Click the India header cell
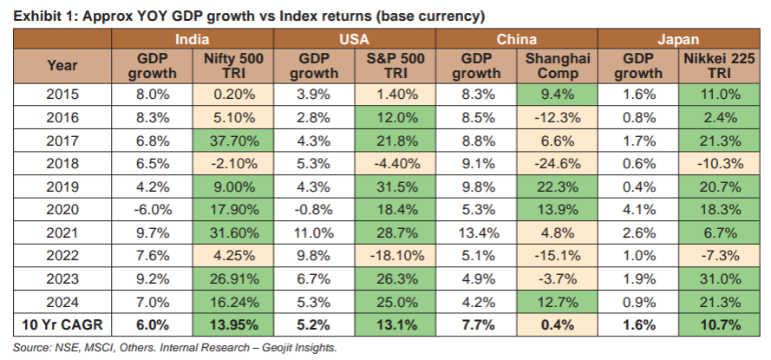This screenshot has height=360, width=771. pyautogui.click(x=193, y=39)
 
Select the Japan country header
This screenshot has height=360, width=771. pyautogui.click(x=679, y=39)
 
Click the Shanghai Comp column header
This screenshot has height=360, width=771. pyautogui.click(x=557, y=65)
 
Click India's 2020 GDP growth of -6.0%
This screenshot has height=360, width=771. pyautogui.click(x=152, y=208)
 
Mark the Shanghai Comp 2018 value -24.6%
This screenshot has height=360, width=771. pyautogui.click(x=557, y=161)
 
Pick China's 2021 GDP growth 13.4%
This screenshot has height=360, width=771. pyautogui.click(x=476, y=232)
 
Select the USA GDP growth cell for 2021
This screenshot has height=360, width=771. pyautogui.click(x=314, y=232)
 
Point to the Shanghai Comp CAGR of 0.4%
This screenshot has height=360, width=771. pyautogui.click(x=557, y=325)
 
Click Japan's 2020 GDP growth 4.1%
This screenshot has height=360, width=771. pyautogui.click(x=638, y=208)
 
